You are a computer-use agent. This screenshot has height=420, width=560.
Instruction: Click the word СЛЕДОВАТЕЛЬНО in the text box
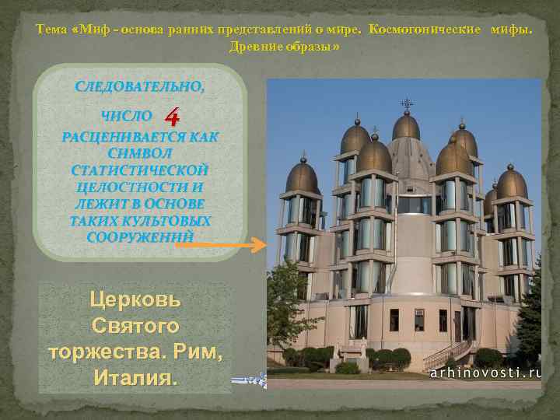(x=140, y=86)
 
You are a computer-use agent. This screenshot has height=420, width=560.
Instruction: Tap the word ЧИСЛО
(x=128, y=116)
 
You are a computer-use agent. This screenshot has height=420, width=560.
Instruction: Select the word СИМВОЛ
(x=140, y=152)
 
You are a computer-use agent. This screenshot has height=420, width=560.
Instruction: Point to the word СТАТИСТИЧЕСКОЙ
(x=140, y=170)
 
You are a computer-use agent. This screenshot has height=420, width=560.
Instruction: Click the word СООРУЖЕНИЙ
(x=140, y=237)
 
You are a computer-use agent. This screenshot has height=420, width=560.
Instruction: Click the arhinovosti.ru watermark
(x=486, y=373)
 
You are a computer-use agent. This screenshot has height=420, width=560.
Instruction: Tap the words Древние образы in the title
(x=284, y=47)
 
